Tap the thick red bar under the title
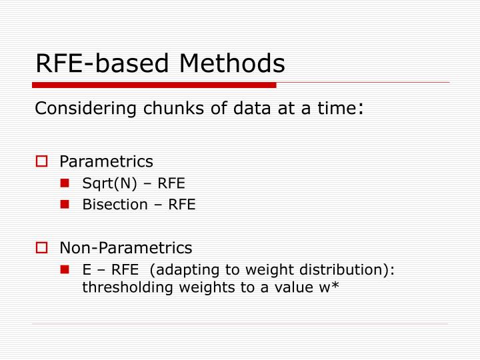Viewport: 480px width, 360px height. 154,85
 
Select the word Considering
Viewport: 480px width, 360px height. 73,109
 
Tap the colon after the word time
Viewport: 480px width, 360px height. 361,109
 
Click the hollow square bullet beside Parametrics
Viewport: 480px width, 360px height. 41,161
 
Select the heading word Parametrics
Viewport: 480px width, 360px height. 106,161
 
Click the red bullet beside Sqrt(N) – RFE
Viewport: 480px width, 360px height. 65,184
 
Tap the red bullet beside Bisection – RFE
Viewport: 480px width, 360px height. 65,205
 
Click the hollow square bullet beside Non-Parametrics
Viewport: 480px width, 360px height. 41,248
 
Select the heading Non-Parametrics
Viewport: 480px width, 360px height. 125,248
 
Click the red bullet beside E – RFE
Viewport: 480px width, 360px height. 65,270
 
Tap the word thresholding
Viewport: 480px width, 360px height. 119,288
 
